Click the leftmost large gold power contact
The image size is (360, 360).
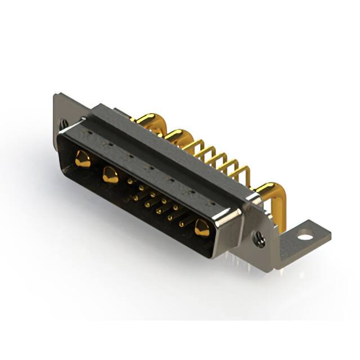click(x=82, y=159)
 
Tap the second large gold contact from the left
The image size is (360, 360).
click(x=110, y=176)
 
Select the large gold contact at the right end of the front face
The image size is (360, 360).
click(x=202, y=228)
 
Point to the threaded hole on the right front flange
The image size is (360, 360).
click(x=259, y=241)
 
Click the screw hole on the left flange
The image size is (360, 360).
click(x=65, y=122)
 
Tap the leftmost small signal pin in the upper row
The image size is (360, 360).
click(x=130, y=181)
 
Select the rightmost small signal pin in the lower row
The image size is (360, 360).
click(x=182, y=224)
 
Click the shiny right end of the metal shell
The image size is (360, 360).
click(x=228, y=227)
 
